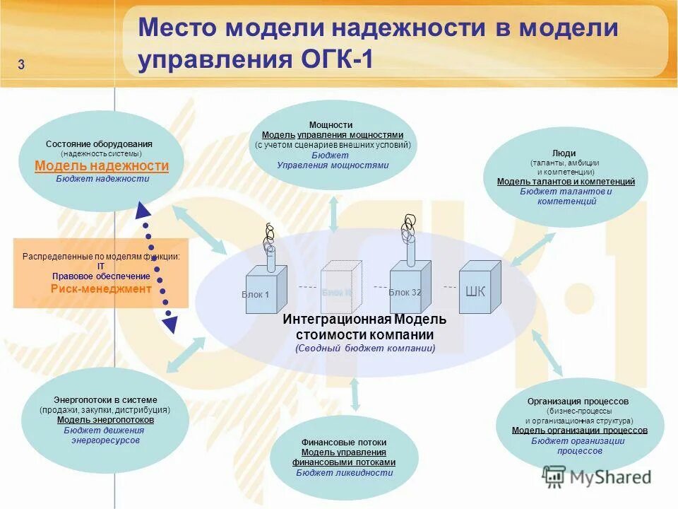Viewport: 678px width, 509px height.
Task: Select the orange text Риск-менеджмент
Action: click(x=101, y=288)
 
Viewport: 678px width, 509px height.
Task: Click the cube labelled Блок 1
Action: click(x=265, y=291)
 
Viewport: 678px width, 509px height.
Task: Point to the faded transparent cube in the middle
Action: click(x=340, y=288)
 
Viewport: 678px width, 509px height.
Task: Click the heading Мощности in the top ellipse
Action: click(x=331, y=125)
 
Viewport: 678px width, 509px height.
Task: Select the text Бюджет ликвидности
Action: click(x=345, y=473)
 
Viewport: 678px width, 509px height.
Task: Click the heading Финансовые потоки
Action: click(x=344, y=443)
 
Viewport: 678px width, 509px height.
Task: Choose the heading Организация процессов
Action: click(x=578, y=402)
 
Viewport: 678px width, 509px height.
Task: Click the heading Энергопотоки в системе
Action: click(x=105, y=400)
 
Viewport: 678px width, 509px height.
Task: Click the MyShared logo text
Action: click(x=610, y=477)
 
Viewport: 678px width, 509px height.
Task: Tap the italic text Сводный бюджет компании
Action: click(x=365, y=349)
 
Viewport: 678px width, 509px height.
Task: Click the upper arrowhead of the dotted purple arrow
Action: click(x=142, y=211)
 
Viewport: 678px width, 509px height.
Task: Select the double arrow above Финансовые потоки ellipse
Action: click(x=355, y=394)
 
